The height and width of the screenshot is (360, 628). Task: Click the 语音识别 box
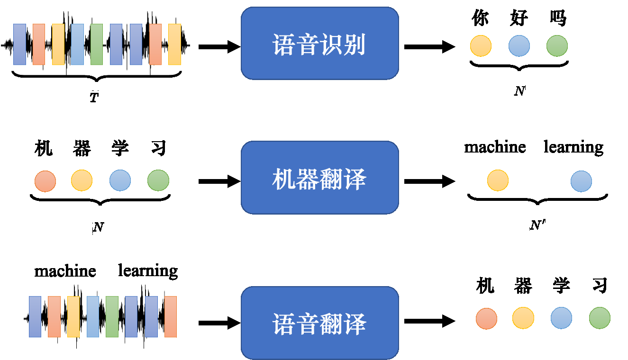(x=319, y=44)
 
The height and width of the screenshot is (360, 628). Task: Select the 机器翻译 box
(x=319, y=178)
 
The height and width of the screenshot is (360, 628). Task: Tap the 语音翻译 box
(x=319, y=323)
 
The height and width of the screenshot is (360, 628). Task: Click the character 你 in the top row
(x=480, y=18)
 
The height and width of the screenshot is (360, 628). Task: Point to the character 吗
(x=557, y=18)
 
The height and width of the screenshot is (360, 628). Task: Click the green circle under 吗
(x=557, y=46)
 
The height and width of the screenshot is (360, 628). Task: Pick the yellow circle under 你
(x=481, y=46)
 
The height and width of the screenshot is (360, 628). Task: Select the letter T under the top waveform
(x=95, y=98)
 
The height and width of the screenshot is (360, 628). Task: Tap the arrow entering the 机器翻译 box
(x=219, y=181)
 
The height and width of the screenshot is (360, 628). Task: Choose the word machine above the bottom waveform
(x=65, y=271)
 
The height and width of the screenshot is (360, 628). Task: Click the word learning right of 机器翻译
(x=573, y=147)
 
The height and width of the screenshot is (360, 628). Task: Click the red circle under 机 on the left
(x=45, y=180)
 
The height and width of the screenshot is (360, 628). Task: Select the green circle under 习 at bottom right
(x=600, y=318)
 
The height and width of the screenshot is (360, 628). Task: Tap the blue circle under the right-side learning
(x=581, y=181)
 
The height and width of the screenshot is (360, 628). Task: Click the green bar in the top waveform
(x=96, y=44)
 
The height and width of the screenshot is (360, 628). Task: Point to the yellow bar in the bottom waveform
(x=73, y=316)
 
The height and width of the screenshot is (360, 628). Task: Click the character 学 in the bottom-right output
(x=561, y=286)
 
